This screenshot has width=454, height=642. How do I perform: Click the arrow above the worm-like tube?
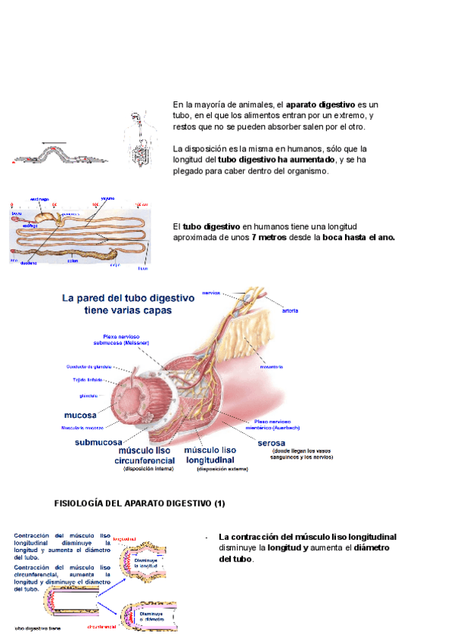54,142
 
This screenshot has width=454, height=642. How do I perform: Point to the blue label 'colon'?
73,260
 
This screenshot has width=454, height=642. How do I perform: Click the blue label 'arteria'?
290,310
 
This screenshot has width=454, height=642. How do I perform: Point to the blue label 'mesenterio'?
270,367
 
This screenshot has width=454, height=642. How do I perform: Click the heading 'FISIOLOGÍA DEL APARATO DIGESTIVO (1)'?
140,503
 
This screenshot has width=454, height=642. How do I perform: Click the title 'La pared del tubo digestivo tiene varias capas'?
128,304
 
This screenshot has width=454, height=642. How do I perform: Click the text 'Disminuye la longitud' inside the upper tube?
146,563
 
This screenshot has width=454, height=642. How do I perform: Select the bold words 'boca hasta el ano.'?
356,237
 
